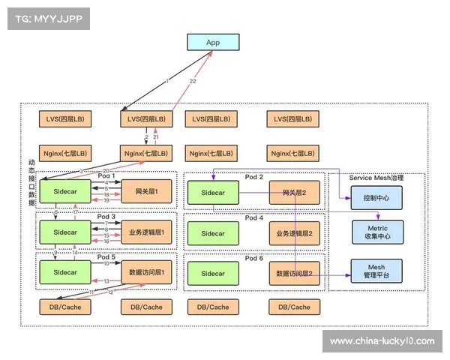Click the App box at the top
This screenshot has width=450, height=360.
[x=213, y=43]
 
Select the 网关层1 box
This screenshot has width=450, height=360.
[x=146, y=193]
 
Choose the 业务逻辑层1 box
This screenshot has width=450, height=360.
[x=146, y=233]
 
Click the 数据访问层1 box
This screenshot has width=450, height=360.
[x=146, y=273]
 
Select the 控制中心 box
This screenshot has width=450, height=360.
[x=376, y=198]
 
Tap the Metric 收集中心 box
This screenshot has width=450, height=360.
[x=376, y=232]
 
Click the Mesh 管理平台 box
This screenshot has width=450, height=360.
[x=376, y=270]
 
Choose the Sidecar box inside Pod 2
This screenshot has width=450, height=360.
[x=212, y=193]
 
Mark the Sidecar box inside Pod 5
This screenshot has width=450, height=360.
[x=64, y=273]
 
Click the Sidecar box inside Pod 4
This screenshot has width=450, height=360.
[x=212, y=233]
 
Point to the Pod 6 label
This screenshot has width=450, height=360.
[x=254, y=258]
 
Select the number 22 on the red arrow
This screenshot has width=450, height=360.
[x=193, y=81]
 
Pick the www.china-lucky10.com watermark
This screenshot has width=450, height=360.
[x=382, y=341]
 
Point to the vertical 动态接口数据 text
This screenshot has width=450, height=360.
[x=31, y=183]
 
